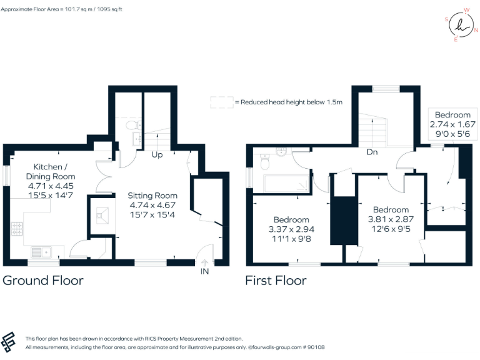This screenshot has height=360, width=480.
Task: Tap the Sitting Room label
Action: point(153,195)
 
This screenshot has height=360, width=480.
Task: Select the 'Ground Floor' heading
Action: point(43,280)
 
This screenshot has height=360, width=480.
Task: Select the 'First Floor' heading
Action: point(276,280)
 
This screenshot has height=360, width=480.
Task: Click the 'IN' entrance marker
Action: point(204,271)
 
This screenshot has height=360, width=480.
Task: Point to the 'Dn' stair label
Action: point(371,151)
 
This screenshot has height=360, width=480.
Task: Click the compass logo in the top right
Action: point(461,24)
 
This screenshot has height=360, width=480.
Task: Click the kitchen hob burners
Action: point(17,230)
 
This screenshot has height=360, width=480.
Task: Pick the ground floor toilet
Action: point(132,125)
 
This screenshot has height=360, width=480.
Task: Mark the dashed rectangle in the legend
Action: point(221,102)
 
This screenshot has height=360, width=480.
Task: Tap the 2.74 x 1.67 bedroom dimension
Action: point(452,124)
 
